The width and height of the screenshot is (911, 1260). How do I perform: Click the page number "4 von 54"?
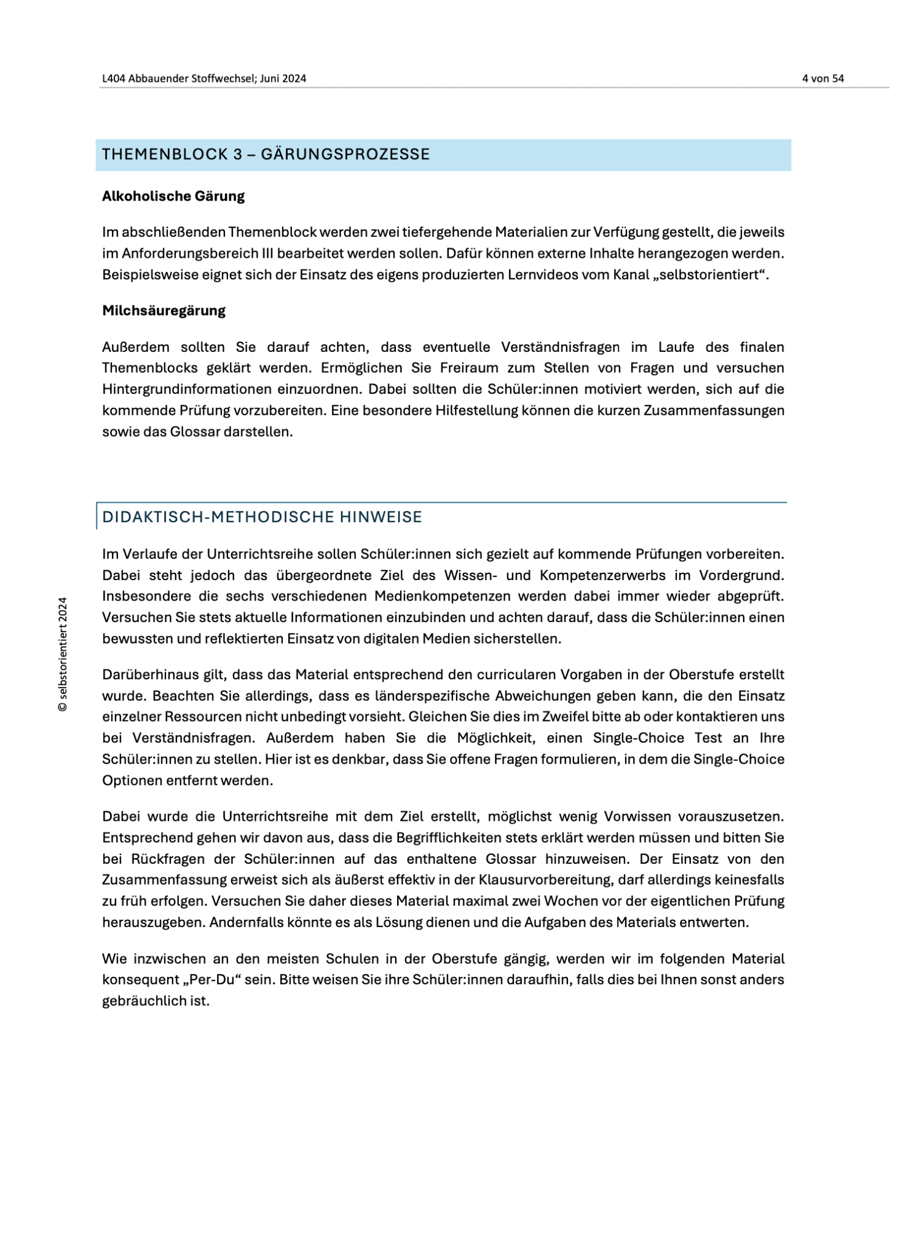point(822,79)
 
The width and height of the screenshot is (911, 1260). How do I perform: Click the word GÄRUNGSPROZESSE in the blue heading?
point(345,154)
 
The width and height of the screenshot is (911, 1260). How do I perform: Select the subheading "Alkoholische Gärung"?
point(173,196)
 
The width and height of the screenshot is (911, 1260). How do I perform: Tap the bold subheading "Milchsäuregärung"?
point(164,311)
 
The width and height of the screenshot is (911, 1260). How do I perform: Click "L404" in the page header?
point(114,79)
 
